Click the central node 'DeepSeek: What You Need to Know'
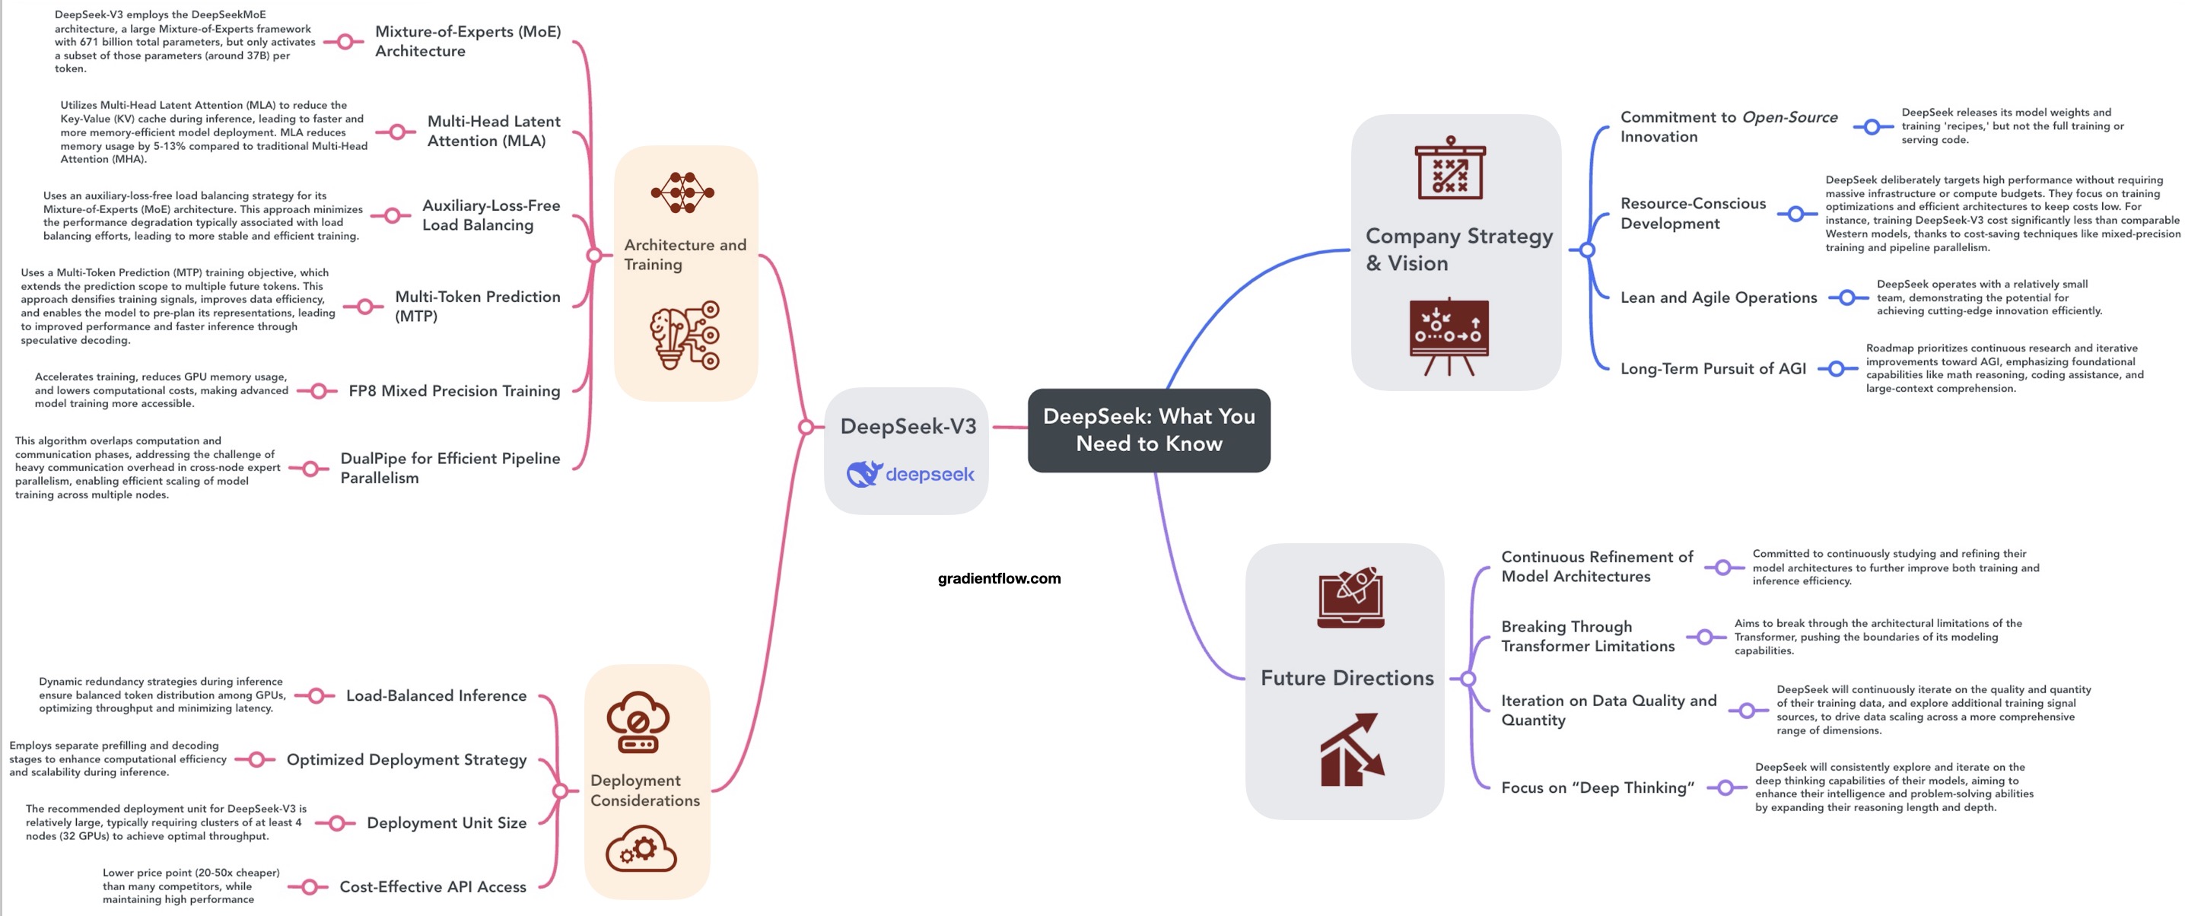coord(1149,430)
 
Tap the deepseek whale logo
coord(864,474)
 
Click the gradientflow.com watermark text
coord(998,578)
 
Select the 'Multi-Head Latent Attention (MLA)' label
coord(493,132)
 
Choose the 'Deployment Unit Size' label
coord(446,822)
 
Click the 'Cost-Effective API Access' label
coord(433,886)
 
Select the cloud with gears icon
coord(641,849)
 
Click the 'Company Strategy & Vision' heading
coord(1458,250)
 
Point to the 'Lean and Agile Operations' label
coord(1718,297)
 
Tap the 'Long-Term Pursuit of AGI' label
coord(1713,369)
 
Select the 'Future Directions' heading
coord(1346,678)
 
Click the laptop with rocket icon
coord(1350,597)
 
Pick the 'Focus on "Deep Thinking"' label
coord(1596,788)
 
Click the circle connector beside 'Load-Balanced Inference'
coord(316,695)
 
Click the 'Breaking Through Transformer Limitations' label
coord(1587,636)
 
